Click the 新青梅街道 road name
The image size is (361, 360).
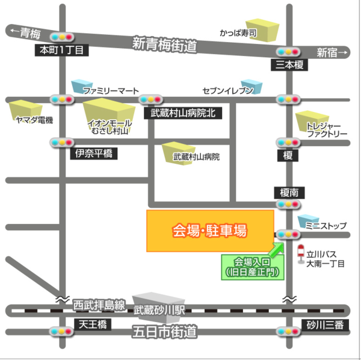(x=165, y=44)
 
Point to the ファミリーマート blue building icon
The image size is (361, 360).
(x=81, y=86)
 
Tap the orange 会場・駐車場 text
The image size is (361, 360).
(x=210, y=230)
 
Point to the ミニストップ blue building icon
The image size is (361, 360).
(x=309, y=220)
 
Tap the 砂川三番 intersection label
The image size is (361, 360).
(x=323, y=325)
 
